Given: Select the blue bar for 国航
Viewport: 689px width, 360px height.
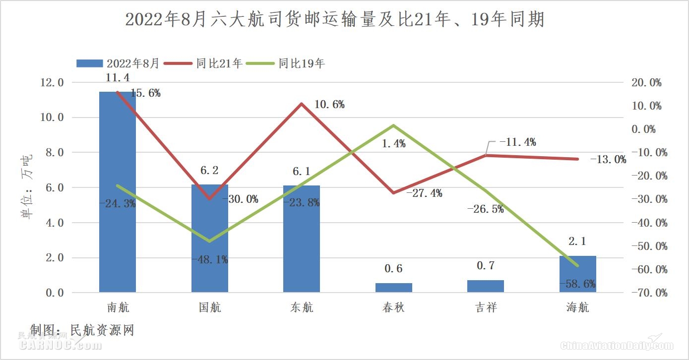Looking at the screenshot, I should (x=210, y=238).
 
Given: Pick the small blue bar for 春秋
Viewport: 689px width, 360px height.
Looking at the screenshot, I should (x=394, y=288).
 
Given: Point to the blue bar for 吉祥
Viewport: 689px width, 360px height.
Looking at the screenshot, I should (x=486, y=286).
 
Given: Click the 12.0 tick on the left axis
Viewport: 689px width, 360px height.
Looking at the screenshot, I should (x=52, y=82).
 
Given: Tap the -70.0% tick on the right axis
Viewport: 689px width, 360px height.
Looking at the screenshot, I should (x=646, y=293).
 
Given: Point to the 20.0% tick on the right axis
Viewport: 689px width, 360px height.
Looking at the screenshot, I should (x=646, y=82).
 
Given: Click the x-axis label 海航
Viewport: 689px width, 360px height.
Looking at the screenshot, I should (x=577, y=307).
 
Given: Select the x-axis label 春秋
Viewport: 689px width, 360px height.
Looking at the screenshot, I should (x=394, y=307).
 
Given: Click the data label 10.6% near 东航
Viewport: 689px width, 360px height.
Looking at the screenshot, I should (x=329, y=105).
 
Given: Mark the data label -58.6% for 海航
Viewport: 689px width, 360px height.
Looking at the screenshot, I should (x=577, y=284).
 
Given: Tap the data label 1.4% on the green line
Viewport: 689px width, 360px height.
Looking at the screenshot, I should (x=394, y=144).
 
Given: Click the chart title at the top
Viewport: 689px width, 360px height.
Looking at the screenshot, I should (x=335, y=20).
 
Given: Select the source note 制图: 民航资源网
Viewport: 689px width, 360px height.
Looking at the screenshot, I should (x=82, y=330).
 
